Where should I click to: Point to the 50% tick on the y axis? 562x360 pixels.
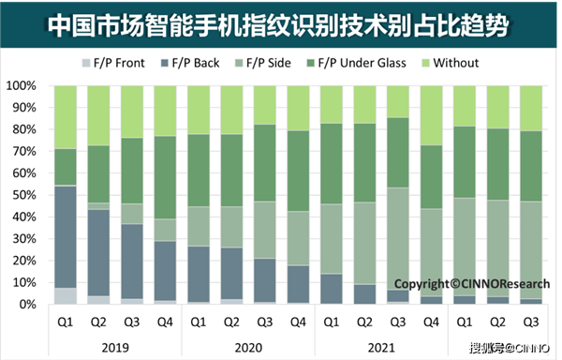(x=22, y=195)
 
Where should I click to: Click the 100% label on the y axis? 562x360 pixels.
(x=21, y=85)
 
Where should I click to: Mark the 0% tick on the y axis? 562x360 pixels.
(x=25, y=305)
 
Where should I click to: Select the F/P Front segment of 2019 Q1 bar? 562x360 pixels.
(x=65, y=296)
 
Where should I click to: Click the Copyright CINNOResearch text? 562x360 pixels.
(x=465, y=283)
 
